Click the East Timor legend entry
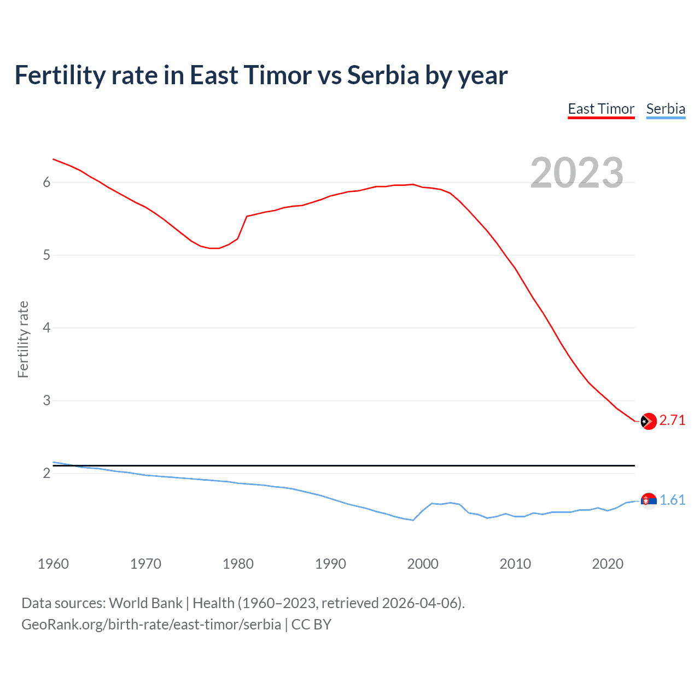click(601, 109)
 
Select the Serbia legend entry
click(666, 109)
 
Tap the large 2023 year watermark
click(577, 173)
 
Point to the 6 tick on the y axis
click(47, 183)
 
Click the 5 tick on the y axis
click(47, 255)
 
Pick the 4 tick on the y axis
click(47, 328)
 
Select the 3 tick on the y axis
click(47, 401)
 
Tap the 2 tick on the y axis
click(47, 474)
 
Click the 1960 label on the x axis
click(53, 564)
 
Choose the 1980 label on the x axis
click(238, 564)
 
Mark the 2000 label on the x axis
click(423, 564)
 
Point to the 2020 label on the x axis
click(608, 564)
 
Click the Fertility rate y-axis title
click(23, 339)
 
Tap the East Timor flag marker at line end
click(648, 421)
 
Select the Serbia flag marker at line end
click(648, 500)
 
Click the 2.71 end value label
click(672, 420)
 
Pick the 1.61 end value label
click(672, 500)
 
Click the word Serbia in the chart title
click(383, 75)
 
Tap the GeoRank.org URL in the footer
click(151, 625)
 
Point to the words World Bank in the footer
click(145, 603)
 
